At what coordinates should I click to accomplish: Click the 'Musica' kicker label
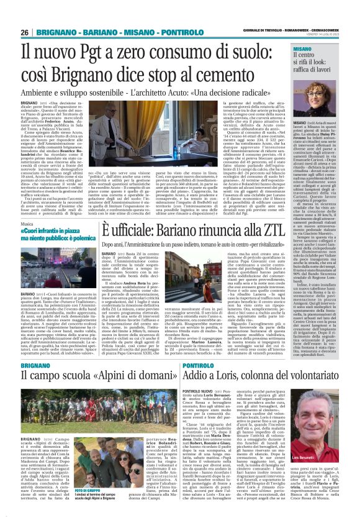29,207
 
